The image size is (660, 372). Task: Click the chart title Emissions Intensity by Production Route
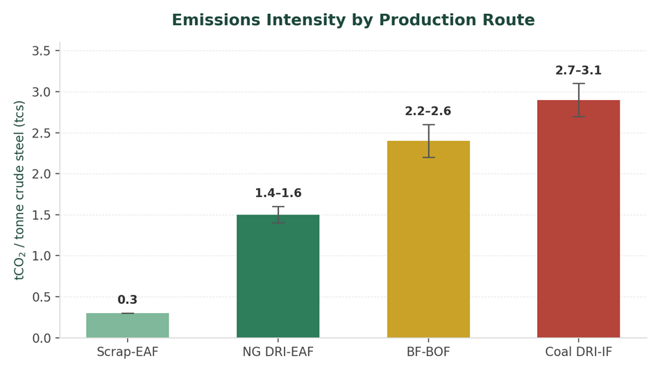coord(353,20)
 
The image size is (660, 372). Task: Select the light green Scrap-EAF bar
coord(128,325)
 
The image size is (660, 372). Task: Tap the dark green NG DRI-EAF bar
coord(278,276)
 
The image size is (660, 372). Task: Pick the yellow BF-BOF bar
coord(428,239)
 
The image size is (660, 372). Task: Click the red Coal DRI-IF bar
coord(578,219)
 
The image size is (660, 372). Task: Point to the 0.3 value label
coord(128,300)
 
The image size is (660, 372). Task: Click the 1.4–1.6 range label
coord(278,193)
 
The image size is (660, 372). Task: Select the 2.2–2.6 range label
coord(428,112)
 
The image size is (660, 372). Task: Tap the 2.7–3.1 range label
coord(578,71)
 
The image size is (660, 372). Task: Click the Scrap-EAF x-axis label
coord(128,352)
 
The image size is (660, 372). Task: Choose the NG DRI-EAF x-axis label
coord(278,352)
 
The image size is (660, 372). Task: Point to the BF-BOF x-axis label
coord(428,352)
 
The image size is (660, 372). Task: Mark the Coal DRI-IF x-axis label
coord(578,352)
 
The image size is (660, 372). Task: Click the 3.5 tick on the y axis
coord(41,51)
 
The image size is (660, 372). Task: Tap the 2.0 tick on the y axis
coord(41,174)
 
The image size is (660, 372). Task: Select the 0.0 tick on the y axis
coord(41,338)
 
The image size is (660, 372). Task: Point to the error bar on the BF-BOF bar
coord(428,141)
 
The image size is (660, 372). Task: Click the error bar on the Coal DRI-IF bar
coord(578,100)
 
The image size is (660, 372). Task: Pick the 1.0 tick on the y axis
coord(41,256)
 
